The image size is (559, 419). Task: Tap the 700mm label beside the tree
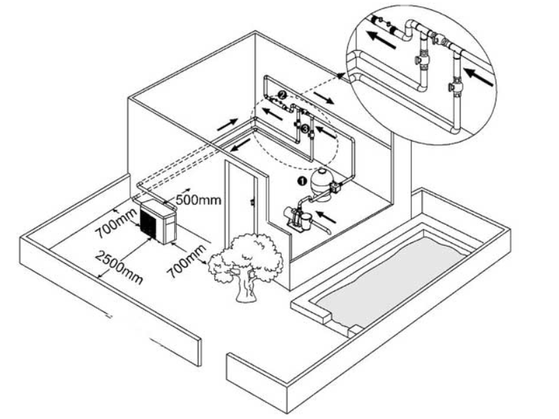tap(186, 260)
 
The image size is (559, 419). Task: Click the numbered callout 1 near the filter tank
tap(302, 180)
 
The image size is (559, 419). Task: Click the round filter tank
tap(322, 183)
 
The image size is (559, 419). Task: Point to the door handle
tap(251, 203)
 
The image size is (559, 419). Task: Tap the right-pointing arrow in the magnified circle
tap(481, 75)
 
